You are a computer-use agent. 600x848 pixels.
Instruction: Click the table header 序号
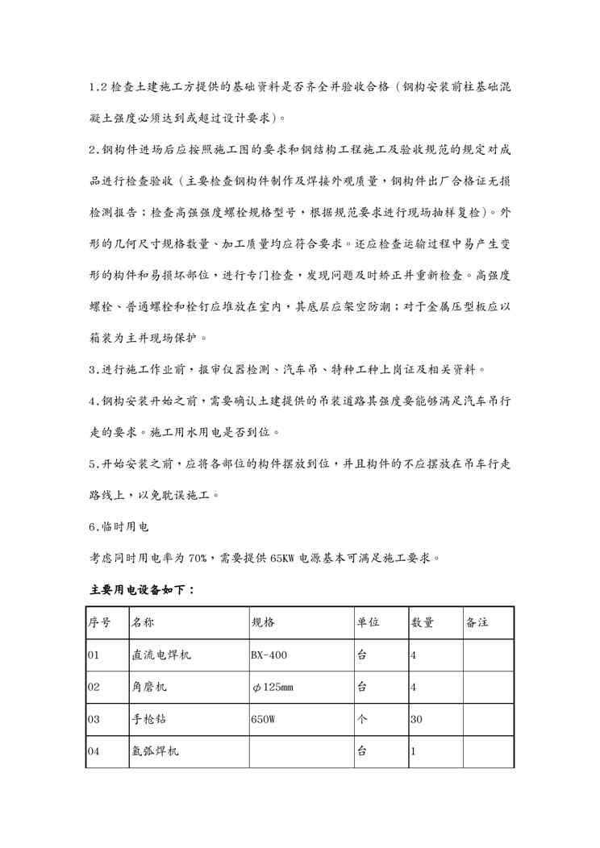[99, 623]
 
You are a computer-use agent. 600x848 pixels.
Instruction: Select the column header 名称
[144, 623]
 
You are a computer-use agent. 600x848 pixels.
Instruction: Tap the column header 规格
[264, 623]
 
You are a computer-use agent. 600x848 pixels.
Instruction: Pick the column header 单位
[368, 623]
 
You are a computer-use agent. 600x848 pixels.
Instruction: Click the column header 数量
[423, 623]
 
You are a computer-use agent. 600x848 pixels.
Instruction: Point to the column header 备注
[477, 623]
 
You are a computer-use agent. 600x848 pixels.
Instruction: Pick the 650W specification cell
[263, 719]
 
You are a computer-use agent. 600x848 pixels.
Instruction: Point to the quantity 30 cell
[416, 719]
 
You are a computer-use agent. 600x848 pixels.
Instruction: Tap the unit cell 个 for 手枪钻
[362, 719]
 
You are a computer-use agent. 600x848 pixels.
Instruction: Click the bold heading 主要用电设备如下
[141, 590]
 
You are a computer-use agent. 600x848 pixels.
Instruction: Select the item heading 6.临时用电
[119, 526]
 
